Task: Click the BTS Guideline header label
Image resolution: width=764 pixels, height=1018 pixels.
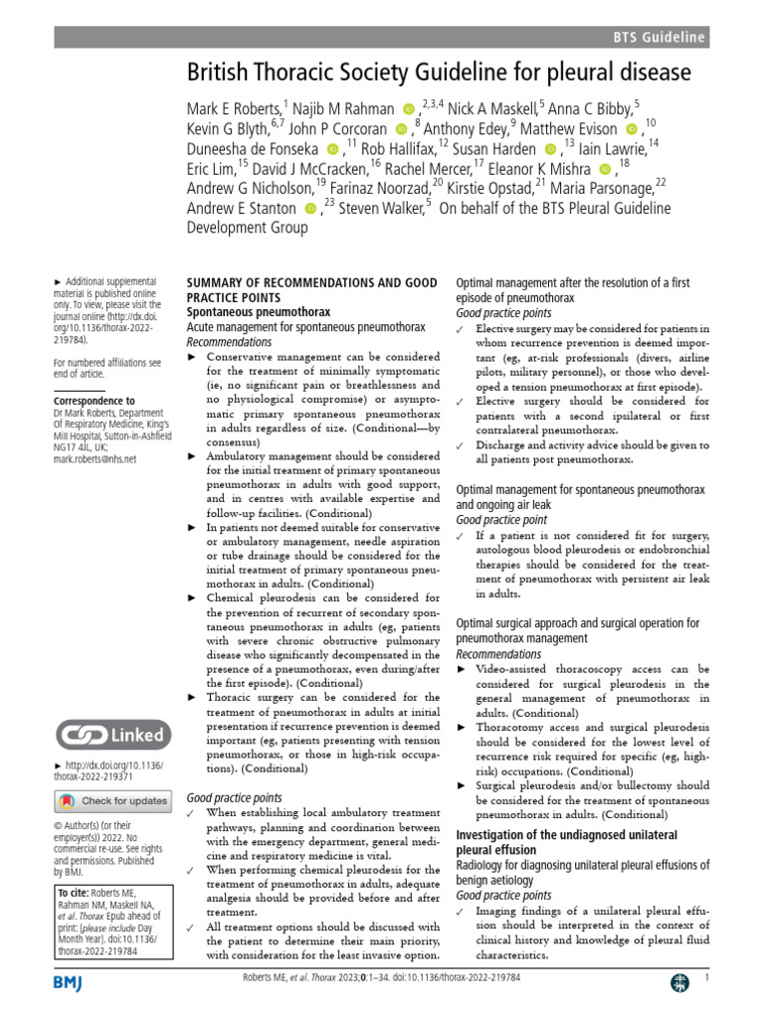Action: coord(659,38)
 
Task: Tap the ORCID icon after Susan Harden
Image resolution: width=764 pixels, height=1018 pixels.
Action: coord(551,148)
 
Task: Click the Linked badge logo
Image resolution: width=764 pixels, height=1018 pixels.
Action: coord(110,736)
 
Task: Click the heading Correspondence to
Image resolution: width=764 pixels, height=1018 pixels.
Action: coord(95,401)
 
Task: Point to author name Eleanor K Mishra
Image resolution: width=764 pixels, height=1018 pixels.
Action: coord(544,168)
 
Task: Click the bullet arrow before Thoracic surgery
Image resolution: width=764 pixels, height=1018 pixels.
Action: coord(192,699)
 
